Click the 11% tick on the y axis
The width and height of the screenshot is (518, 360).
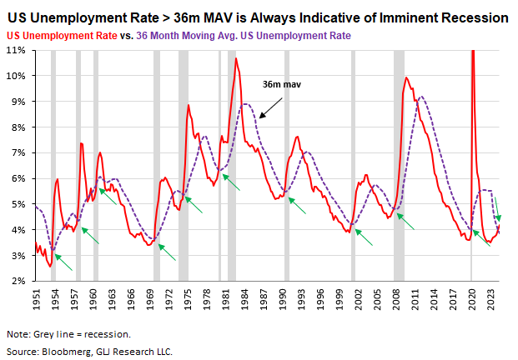tap(16, 50)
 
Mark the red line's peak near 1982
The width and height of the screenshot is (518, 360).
tap(236, 59)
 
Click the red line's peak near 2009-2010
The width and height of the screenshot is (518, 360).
tap(406, 78)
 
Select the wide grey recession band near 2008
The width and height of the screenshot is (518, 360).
tap(399, 167)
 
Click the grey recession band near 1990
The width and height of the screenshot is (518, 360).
tap(287, 167)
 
